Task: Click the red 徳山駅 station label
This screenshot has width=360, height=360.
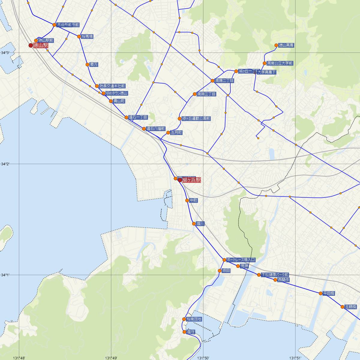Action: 41,46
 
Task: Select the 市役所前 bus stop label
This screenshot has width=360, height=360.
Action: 68,25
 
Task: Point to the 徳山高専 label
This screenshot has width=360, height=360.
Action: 286,46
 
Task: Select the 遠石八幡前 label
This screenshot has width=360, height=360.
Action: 156,129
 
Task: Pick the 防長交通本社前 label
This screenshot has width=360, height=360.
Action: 112,86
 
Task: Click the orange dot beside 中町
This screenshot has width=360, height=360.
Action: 187,200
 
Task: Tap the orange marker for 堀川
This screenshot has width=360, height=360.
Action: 194,223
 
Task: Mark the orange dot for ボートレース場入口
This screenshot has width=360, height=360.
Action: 224,260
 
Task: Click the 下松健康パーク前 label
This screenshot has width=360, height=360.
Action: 275,274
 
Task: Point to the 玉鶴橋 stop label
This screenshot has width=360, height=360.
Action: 351,307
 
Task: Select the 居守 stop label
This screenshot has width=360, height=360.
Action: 191,332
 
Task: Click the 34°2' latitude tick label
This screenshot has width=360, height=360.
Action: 5,164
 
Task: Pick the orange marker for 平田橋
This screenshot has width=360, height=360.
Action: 321,293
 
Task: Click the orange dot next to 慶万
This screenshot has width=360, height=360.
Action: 87,64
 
